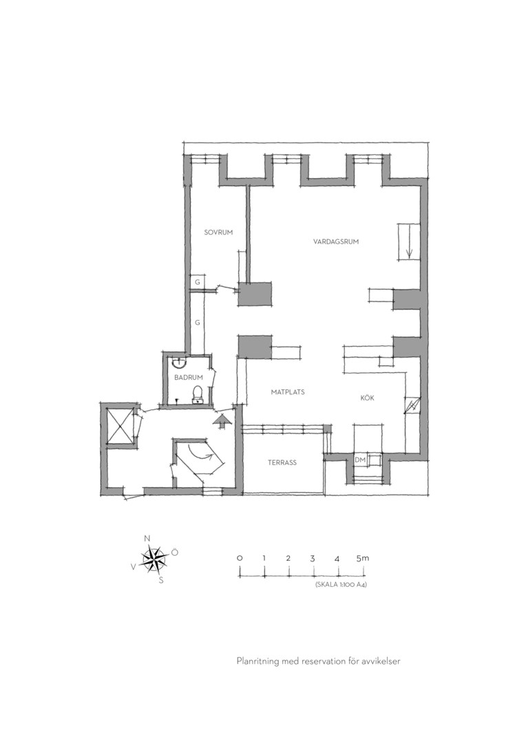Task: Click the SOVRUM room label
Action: coord(218,233)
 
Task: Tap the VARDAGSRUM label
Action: coord(336,241)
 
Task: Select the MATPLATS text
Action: coord(288,392)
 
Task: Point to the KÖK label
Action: coord(367,398)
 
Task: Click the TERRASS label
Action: coord(282,462)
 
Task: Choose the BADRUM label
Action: coord(188,378)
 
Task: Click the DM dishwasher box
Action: coord(359,460)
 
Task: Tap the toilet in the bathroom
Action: coord(198,395)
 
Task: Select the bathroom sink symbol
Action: coord(179,362)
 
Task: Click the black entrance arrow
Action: coord(222,420)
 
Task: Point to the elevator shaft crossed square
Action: coord(120,425)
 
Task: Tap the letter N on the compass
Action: coord(147,538)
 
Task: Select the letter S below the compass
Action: coord(161,580)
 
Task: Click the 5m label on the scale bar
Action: coord(362,558)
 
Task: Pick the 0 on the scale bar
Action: coord(240,558)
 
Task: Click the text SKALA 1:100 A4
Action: coord(341,585)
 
